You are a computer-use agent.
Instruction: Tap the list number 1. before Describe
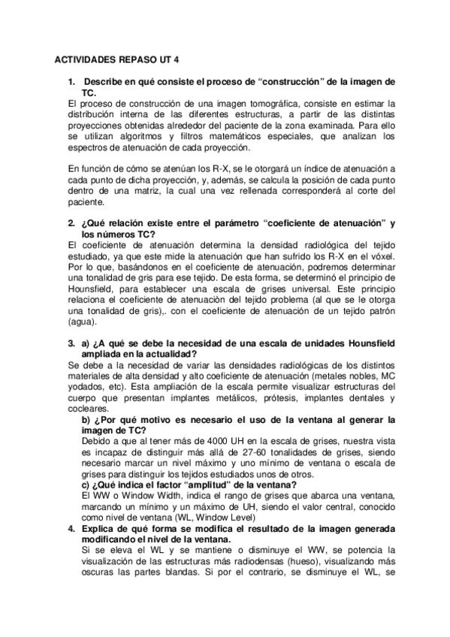71,80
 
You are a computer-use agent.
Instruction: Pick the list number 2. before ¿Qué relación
71,224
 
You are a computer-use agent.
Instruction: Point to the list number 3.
71,343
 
